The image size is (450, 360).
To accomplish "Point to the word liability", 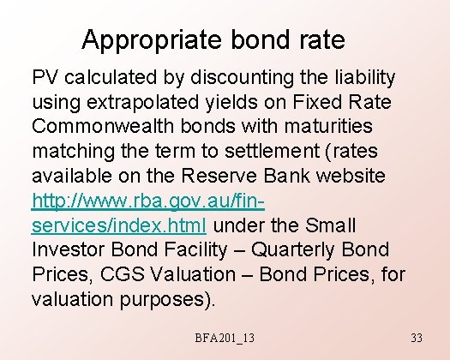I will (358, 78).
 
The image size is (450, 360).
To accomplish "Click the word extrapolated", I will (136, 103).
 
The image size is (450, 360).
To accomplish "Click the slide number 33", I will (417, 339).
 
